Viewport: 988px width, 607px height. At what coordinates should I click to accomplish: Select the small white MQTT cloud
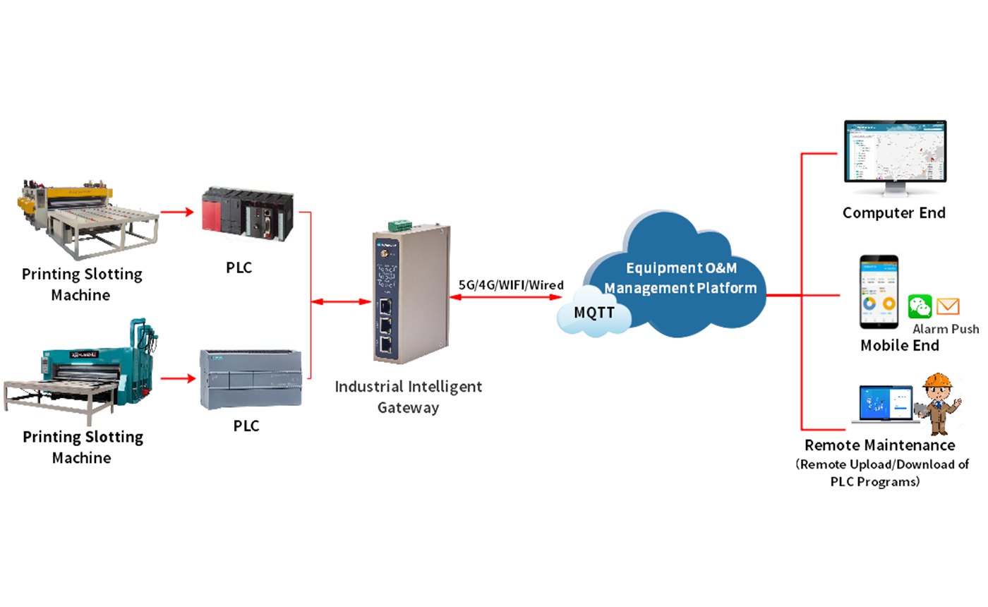594,313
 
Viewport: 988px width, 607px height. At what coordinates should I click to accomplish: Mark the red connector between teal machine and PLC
176,378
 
